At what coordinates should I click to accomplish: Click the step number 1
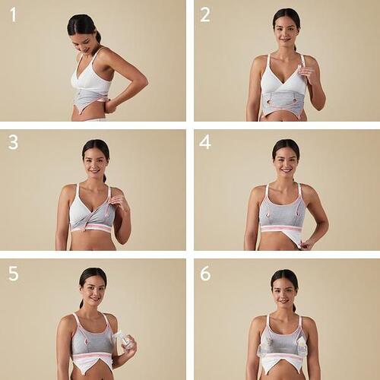(14, 14)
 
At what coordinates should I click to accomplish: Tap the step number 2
(205, 14)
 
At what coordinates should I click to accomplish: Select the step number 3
(13, 142)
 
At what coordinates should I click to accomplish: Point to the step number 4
(205, 142)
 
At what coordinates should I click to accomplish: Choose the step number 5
(14, 273)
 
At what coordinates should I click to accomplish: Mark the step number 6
(205, 273)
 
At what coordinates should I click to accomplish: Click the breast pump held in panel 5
(125, 343)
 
